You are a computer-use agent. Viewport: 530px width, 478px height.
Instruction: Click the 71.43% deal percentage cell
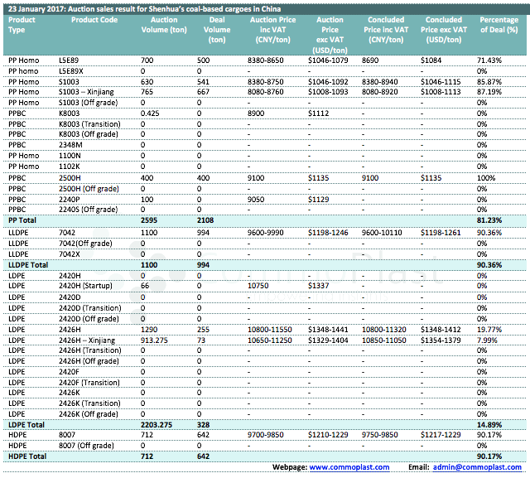click(489, 60)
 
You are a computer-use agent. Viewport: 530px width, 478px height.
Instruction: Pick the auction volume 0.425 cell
click(150, 112)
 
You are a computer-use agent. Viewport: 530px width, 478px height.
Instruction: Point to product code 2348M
click(70, 144)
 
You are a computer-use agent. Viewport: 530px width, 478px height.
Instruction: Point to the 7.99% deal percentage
click(487, 340)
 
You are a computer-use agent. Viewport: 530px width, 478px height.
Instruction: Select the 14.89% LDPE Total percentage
click(489, 423)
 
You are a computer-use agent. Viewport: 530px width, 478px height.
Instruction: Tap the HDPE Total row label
click(28, 456)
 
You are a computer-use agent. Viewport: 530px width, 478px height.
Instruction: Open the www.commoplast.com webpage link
click(349, 468)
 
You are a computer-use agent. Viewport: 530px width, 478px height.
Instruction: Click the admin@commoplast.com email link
click(481, 468)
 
